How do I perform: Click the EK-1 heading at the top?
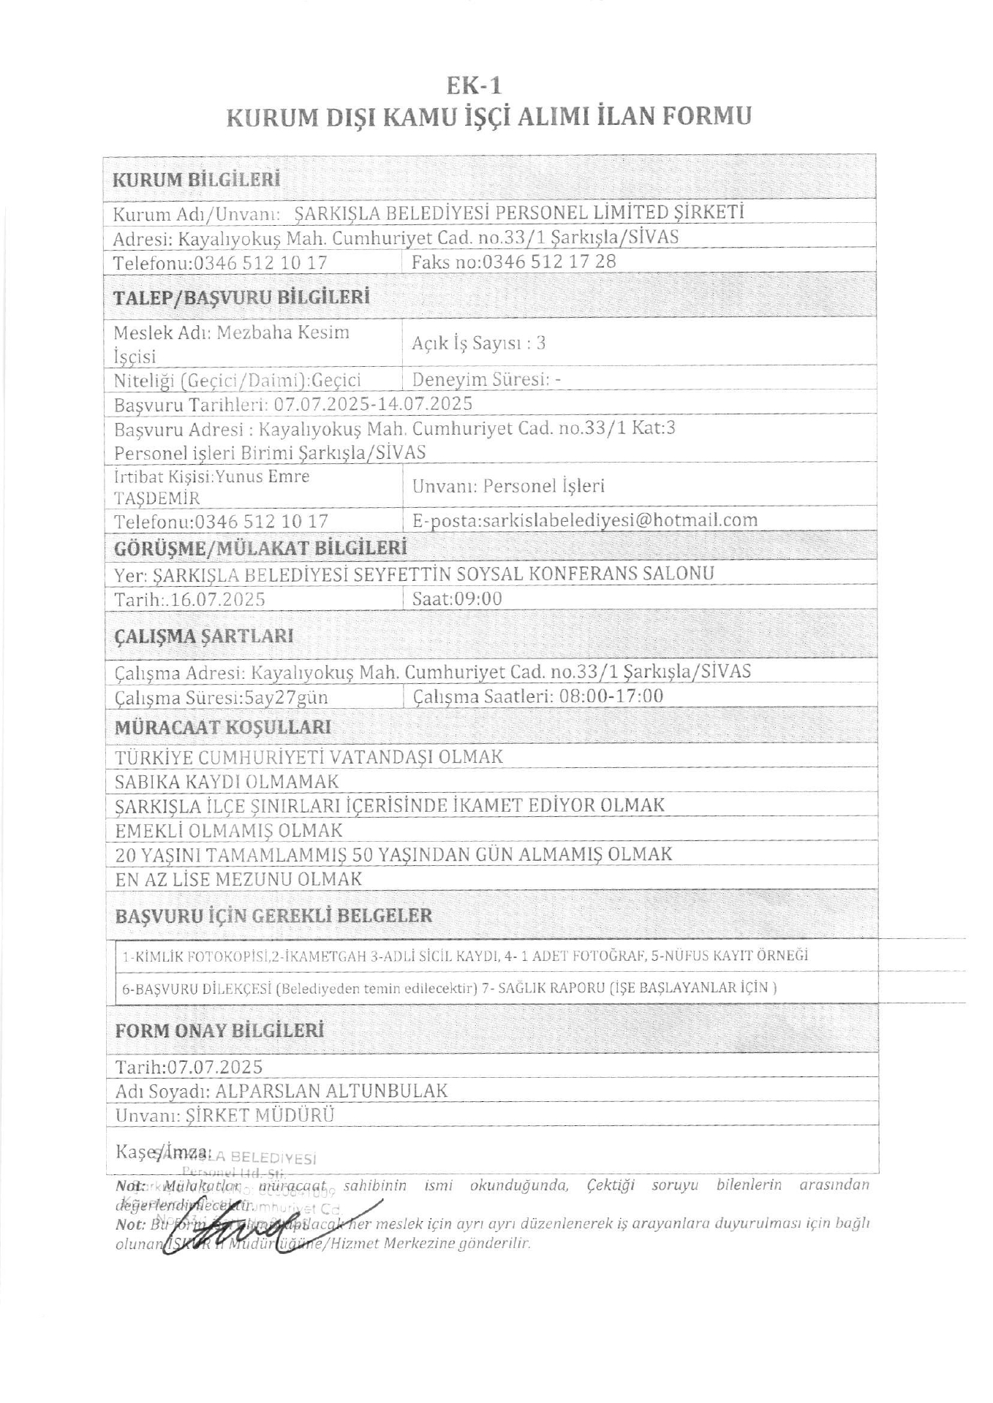point(475,86)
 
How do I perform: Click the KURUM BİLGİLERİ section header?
point(197,180)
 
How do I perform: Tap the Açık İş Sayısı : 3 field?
point(479,343)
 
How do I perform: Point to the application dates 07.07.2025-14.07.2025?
point(373,404)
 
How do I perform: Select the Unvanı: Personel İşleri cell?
point(509,487)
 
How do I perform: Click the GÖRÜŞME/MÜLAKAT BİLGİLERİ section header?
point(261,547)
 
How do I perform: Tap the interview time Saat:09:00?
point(457,599)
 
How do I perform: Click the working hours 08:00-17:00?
point(611,696)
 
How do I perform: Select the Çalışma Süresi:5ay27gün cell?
point(222,698)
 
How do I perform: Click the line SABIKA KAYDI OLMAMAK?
point(227,781)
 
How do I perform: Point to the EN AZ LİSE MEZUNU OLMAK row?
point(239,878)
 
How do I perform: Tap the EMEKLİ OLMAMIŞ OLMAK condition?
point(229,830)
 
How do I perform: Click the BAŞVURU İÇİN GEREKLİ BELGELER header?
point(273,916)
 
